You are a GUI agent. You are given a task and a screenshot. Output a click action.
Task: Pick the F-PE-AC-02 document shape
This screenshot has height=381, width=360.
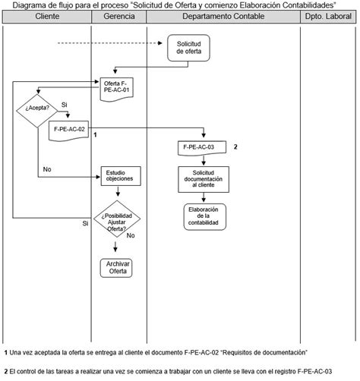70,131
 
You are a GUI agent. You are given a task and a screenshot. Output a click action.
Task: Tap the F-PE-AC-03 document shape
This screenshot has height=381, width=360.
201,146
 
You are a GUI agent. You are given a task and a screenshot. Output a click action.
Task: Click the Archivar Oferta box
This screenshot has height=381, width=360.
117,268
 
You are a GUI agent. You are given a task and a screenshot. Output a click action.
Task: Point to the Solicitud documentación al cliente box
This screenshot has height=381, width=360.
203,180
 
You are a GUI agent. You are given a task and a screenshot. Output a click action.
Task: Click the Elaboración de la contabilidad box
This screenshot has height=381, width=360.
203,216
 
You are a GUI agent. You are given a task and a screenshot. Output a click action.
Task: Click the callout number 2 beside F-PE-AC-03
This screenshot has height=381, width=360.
236,146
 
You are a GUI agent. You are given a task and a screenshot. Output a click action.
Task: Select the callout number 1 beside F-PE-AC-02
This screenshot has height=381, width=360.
95,134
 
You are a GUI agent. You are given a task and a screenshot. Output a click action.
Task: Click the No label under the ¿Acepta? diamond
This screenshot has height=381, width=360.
47,169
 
